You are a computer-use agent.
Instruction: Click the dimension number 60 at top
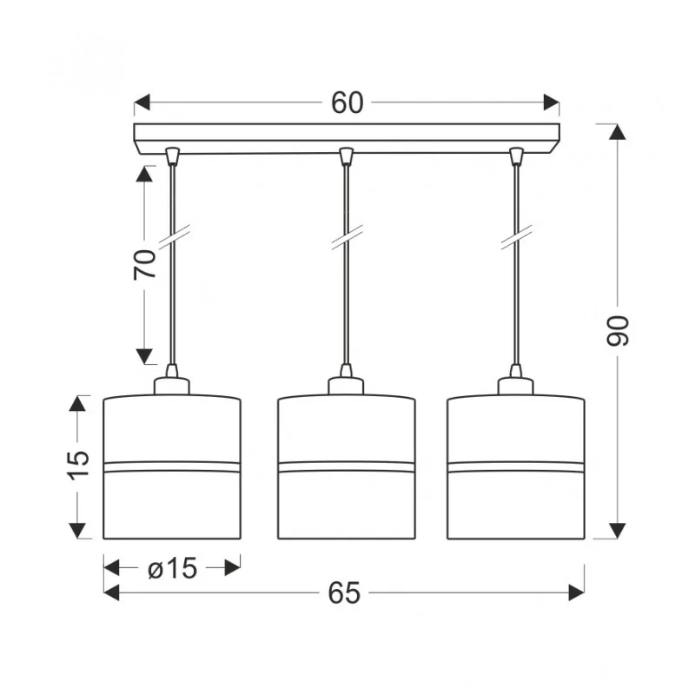click(x=347, y=103)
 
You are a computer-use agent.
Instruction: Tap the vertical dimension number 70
click(x=145, y=265)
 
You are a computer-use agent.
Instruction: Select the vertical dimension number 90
click(x=618, y=331)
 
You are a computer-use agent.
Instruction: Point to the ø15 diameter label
click(x=172, y=568)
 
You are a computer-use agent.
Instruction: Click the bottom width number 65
click(x=344, y=593)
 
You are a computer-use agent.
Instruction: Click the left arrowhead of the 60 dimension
click(x=142, y=103)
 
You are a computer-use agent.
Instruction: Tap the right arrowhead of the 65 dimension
click(x=576, y=592)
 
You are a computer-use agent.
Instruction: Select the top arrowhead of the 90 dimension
click(x=618, y=132)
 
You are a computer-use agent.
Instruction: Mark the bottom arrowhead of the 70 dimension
click(x=144, y=356)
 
